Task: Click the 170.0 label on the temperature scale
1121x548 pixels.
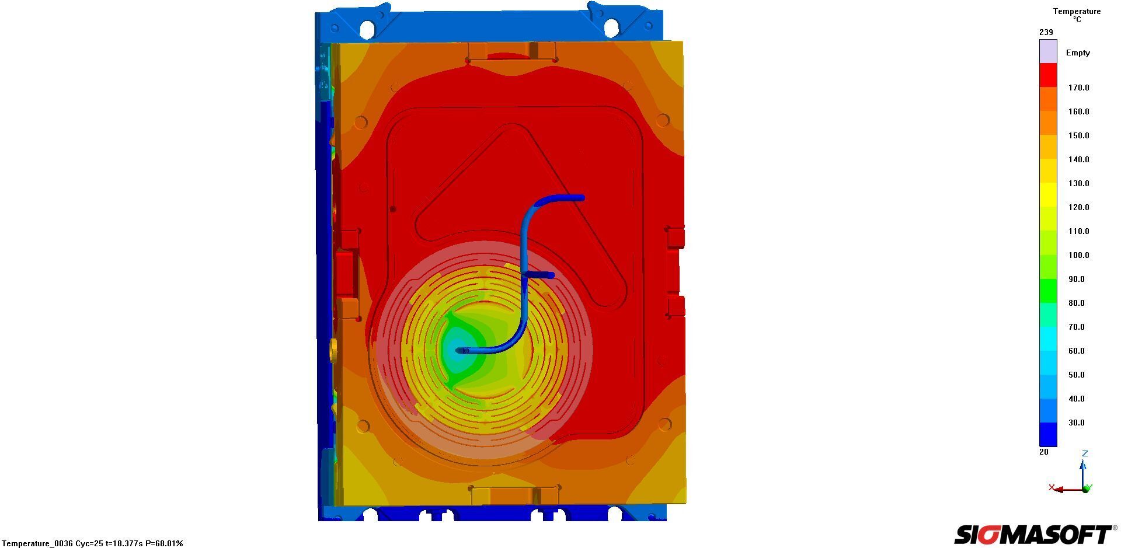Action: coord(1078,88)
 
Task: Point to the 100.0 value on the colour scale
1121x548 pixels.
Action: coord(1078,255)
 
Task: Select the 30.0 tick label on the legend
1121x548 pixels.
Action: coord(1076,423)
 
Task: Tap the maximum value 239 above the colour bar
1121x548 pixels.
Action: coord(1046,32)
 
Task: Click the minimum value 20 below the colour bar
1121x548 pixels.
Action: coord(1044,452)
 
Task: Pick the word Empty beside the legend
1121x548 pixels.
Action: coord(1078,53)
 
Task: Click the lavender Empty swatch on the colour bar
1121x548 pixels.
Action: coord(1048,51)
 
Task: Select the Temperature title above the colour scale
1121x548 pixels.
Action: coord(1077,11)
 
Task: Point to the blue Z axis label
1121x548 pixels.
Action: coord(1085,453)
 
